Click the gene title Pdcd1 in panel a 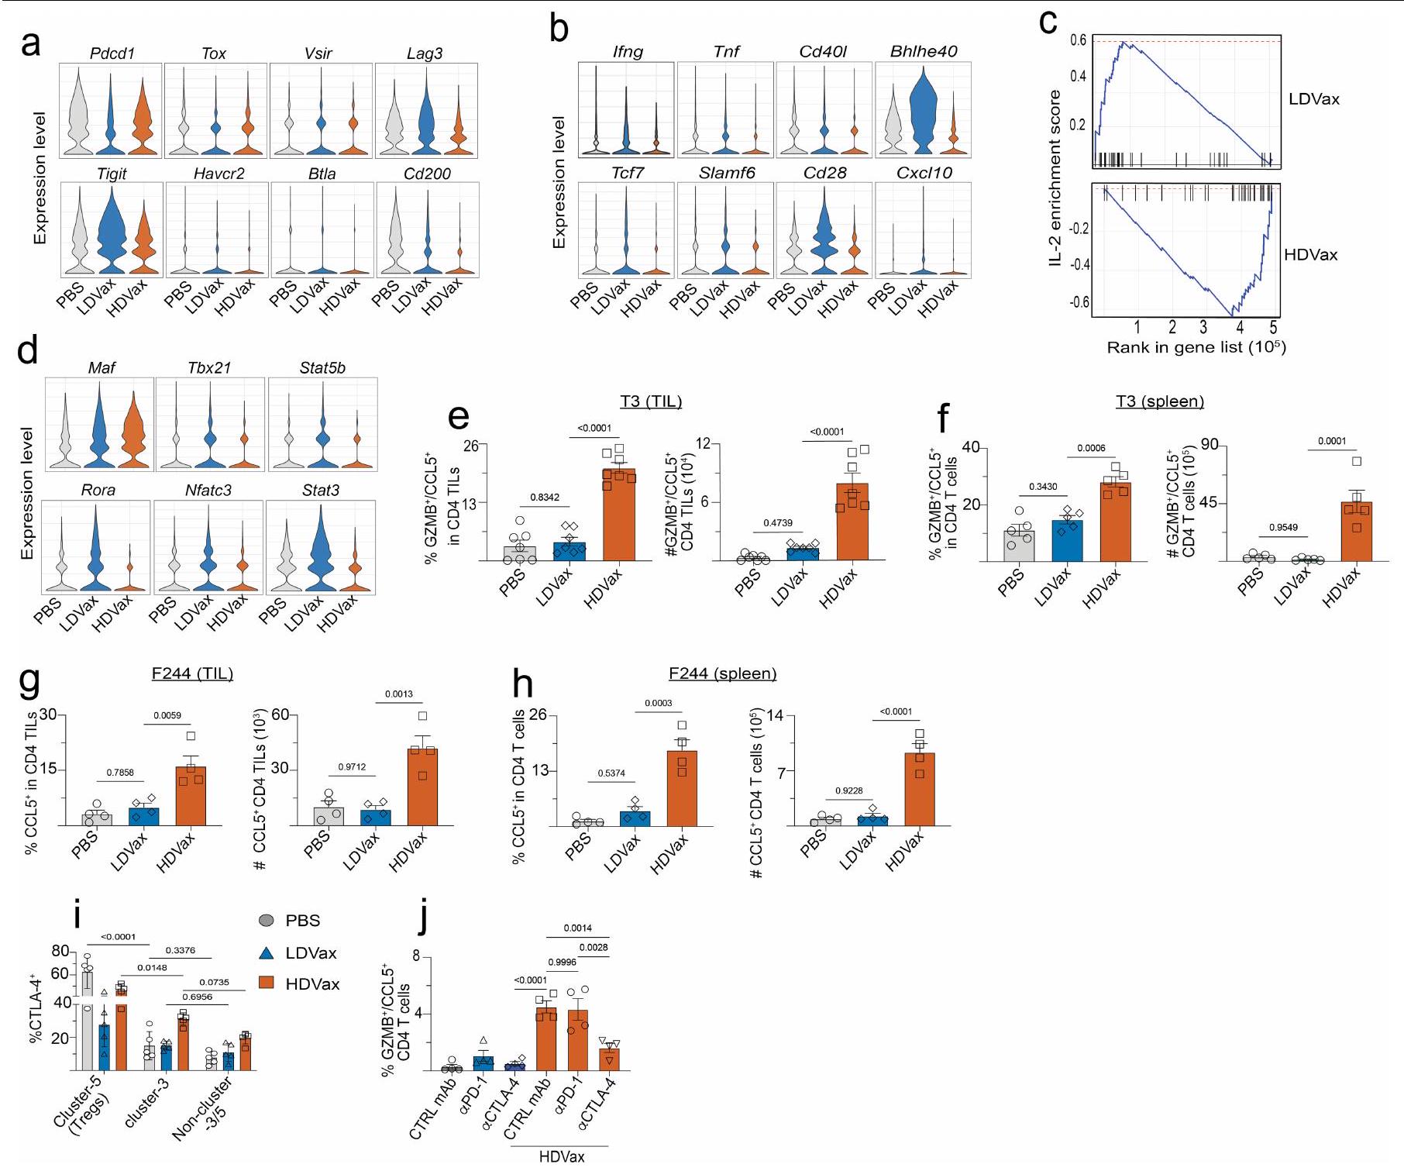112,53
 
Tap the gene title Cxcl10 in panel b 924,173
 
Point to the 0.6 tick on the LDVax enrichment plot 1078,40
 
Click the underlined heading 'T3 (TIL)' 651,401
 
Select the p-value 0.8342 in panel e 545,497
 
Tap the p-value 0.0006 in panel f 1091,448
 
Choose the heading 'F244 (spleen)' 723,673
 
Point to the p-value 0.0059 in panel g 167,715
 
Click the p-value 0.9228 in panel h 849,790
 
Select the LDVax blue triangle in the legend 267,952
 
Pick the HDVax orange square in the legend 267,983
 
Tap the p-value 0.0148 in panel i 152,967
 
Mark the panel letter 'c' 1048,23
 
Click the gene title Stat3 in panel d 320,490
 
